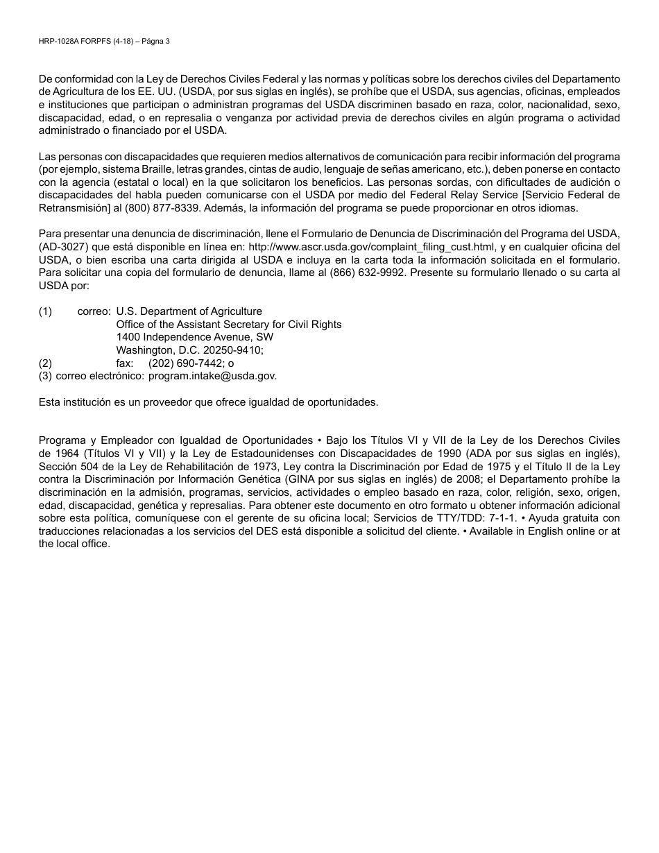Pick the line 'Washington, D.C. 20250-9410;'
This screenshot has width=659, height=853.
(189, 350)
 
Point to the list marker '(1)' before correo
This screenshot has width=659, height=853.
(45, 311)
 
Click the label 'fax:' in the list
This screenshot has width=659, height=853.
(125, 363)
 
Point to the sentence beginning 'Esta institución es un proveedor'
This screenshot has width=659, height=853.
(208, 402)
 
